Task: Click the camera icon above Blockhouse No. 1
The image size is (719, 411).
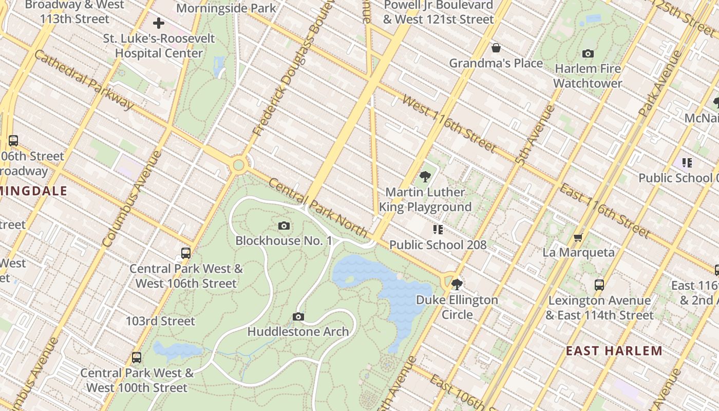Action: coord(283,226)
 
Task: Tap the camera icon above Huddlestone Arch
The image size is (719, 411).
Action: coord(298,316)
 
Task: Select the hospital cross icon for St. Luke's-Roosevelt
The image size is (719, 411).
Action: coord(159,23)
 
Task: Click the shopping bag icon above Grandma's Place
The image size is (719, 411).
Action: coord(496,48)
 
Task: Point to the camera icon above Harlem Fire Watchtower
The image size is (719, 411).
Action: coord(588,53)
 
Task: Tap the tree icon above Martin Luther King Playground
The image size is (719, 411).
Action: coord(425,177)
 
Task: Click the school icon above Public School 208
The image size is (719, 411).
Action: coord(438,229)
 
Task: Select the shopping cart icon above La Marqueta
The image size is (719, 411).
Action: coord(578,237)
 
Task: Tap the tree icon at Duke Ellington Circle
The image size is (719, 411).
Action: coord(457,284)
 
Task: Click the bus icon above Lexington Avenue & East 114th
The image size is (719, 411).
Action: coord(599,285)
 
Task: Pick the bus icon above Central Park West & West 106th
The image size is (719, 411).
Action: coord(186,253)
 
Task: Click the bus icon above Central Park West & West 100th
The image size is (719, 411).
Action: coord(137,357)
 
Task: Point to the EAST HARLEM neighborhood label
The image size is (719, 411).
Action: coord(614,351)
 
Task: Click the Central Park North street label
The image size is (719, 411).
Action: coord(318,208)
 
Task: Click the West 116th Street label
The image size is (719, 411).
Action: coord(449,124)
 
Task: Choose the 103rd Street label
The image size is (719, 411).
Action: coord(160,321)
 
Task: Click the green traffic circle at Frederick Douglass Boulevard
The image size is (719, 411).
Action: coord(238,165)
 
